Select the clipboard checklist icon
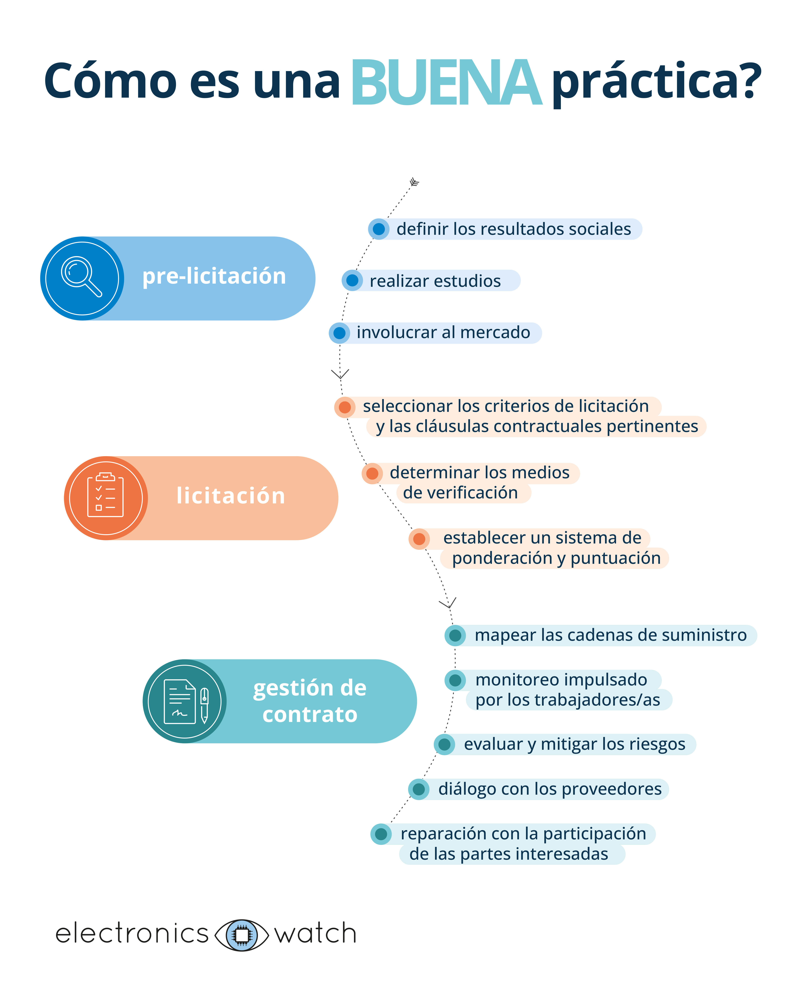[x=105, y=496]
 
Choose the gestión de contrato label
[x=310, y=701]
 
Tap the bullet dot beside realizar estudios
[x=352, y=280]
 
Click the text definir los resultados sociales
[x=514, y=229]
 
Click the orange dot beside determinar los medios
[x=372, y=474]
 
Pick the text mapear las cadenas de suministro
[x=610, y=635]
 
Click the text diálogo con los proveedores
[x=550, y=789]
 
